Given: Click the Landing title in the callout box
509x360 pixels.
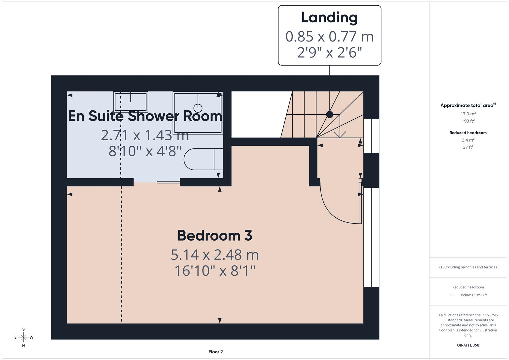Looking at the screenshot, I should pyautogui.click(x=329, y=18).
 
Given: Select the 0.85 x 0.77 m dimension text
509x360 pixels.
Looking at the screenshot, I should pyautogui.click(x=329, y=36).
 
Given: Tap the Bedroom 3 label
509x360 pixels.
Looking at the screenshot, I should pyautogui.click(x=215, y=235).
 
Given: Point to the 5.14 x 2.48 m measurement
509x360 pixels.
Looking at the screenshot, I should pyautogui.click(x=215, y=255).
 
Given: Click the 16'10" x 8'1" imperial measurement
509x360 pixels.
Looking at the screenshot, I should pyautogui.click(x=215, y=270).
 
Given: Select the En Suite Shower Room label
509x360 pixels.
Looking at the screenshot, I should pyautogui.click(x=145, y=116).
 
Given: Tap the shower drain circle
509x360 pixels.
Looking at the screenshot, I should pyautogui.click(x=198, y=108).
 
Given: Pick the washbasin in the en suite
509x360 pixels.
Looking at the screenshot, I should pyautogui.click(x=130, y=102).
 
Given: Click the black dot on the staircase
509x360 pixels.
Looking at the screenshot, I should pyautogui.click(x=329, y=114).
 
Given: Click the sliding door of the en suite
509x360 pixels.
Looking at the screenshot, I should pyautogui.click(x=168, y=182).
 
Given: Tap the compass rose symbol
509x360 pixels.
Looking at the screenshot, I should pyautogui.click(x=23, y=337).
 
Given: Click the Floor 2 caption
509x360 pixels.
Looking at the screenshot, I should pyautogui.click(x=216, y=352).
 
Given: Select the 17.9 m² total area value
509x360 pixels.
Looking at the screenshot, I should pyautogui.click(x=468, y=114).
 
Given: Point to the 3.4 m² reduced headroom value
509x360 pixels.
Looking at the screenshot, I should pyautogui.click(x=468, y=140).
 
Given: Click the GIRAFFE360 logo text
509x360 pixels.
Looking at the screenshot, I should pyautogui.click(x=468, y=345).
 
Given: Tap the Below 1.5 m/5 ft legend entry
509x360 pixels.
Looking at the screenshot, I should pyautogui.click(x=473, y=295).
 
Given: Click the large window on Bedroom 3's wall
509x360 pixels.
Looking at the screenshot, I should pyautogui.click(x=371, y=237).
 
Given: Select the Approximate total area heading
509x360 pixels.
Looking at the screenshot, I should pyautogui.click(x=467, y=105).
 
